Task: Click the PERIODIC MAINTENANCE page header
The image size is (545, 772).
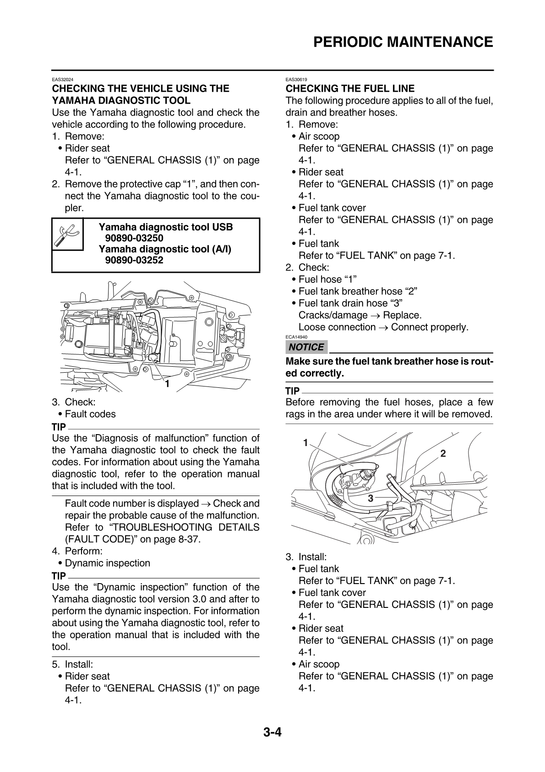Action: [x=403, y=42]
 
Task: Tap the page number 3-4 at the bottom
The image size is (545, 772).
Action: [x=272, y=732]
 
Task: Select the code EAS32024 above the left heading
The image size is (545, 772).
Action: [x=62, y=79]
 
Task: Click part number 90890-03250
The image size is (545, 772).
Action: [x=134, y=238]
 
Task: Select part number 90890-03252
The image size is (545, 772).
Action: [x=134, y=260]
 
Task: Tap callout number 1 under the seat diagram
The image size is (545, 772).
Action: [x=167, y=384]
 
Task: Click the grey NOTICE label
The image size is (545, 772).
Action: [x=306, y=347]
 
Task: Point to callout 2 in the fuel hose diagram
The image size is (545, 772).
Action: [x=443, y=454]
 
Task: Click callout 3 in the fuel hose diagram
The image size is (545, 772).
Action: [x=370, y=498]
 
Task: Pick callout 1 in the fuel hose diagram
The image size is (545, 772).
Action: [x=305, y=442]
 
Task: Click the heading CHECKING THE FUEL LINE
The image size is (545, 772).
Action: [x=350, y=88]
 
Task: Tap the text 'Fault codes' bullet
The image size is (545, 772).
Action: [x=90, y=414]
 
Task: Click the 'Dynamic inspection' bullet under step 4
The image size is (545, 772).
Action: [x=107, y=563]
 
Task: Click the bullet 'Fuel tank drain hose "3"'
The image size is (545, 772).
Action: [x=350, y=303]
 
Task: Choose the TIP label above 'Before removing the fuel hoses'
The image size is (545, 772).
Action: [x=293, y=391]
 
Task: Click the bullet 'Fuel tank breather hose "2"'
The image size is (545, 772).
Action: [x=358, y=292]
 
